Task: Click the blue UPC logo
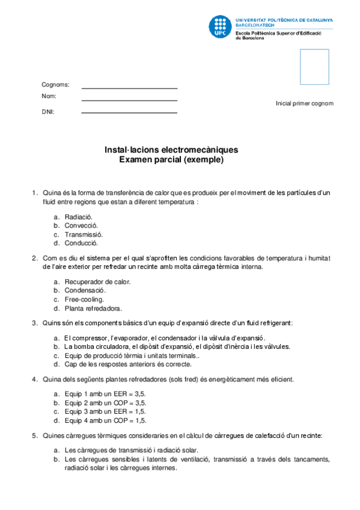[219, 26]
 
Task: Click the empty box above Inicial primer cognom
[314, 67]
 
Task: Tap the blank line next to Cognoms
[129, 87]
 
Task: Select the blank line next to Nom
[129, 100]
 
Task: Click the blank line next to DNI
[129, 112]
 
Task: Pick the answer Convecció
[81, 226]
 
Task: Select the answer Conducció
[81, 244]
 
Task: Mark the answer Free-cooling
[84, 300]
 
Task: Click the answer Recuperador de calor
[97, 281]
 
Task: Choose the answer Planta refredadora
[93, 309]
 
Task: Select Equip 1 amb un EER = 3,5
[105, 393]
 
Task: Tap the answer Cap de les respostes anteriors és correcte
[128, 364]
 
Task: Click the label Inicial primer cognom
[304, 103]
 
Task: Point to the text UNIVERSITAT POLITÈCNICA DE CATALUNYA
[285, 20]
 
